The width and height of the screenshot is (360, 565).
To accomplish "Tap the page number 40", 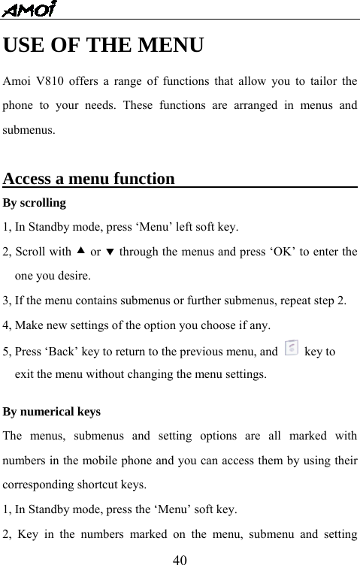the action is (x=180, y=558).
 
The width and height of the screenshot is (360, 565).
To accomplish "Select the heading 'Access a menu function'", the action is (x=89, y=180).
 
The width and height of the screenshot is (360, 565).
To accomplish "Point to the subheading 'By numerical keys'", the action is (x=52, y=412).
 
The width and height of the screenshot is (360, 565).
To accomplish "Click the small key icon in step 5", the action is (x=291, y=348).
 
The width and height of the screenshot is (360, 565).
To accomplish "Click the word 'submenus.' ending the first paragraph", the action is (x=29, y=129).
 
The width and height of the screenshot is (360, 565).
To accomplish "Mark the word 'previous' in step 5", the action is (x=199, y=351).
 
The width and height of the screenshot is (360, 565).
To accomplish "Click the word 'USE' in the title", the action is (x=28, y=46).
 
